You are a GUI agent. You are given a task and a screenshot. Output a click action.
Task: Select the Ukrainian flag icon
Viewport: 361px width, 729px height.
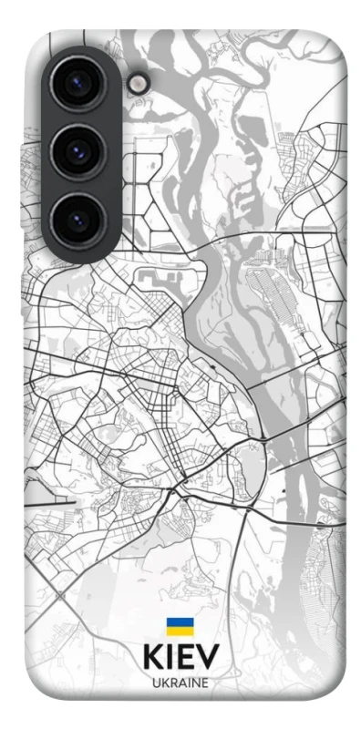(x=180, y=627)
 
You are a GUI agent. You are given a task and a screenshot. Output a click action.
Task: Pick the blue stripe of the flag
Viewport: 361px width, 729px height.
(x=180, y=623)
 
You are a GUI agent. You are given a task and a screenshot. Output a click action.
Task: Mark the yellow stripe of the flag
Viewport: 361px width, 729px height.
(x=180, y=631)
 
